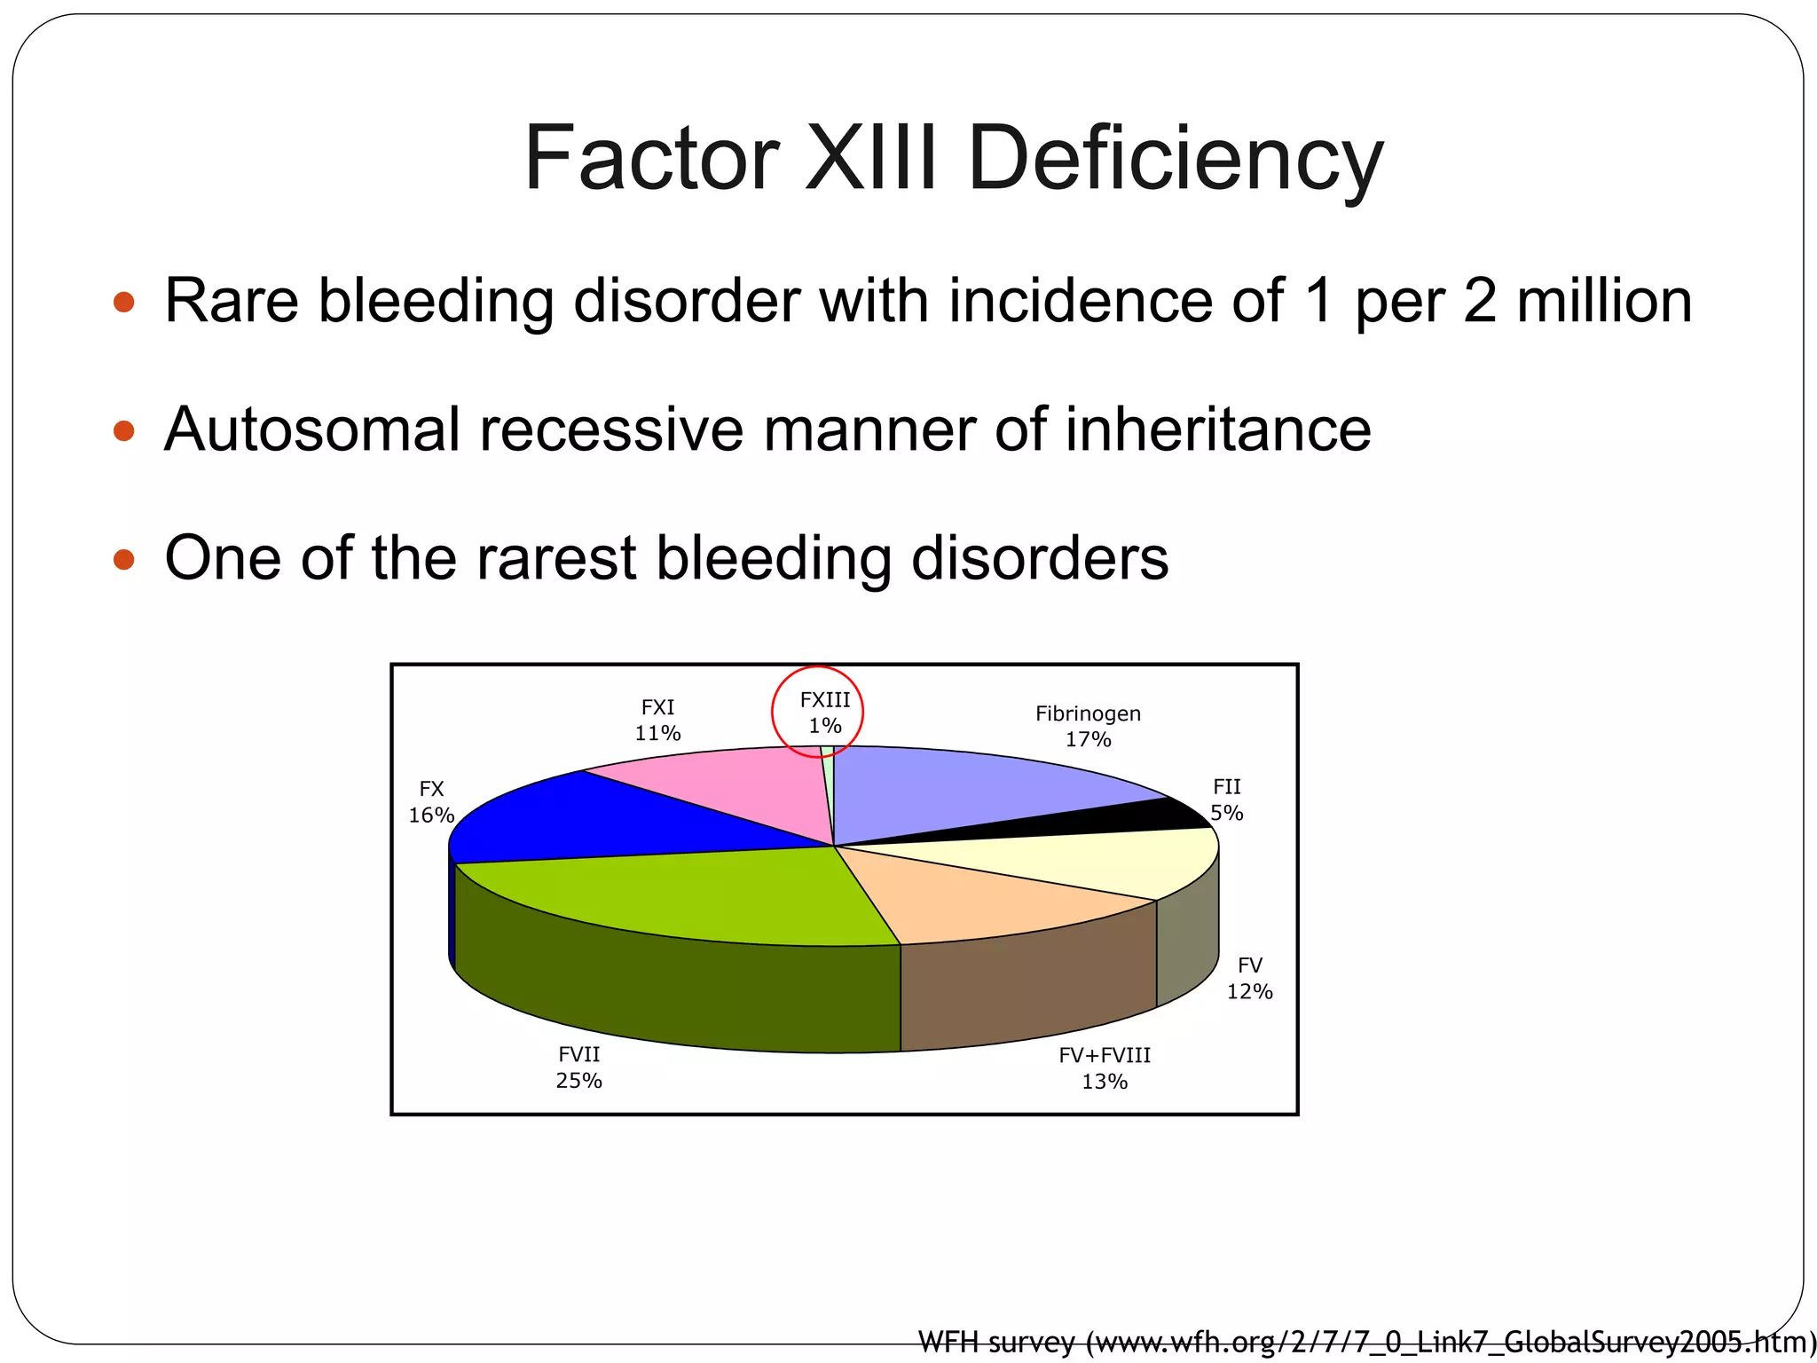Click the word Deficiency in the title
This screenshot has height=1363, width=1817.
[1176, 160]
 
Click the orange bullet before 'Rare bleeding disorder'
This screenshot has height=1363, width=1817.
[124, 303]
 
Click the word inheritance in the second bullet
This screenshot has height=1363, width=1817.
[1217, 429]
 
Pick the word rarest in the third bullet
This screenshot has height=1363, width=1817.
[556, 558]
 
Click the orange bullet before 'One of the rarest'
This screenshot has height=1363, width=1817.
[124, 560]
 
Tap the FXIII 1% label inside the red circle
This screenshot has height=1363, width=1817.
[824, 713]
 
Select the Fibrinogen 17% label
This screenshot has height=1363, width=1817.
[1088, 726]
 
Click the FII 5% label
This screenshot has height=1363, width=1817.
[1227, 800]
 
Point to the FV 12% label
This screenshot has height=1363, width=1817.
[1249, 978]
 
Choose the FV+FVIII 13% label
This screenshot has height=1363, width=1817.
[1105, 1068]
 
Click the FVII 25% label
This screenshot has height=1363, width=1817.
[578, 1067]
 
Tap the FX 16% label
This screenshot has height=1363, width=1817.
[431, 801]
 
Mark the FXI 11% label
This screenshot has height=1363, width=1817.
[657, 720]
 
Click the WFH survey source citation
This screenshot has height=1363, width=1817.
[1366, 1342]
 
